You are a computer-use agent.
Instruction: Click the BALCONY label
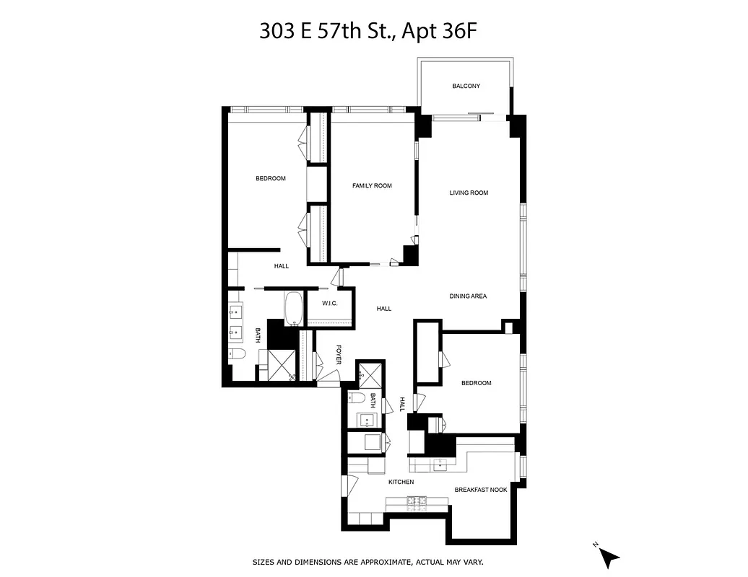click(x=466, y=87)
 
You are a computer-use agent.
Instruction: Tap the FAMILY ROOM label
click(x=372, y=186)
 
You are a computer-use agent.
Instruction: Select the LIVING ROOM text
click(x=469, y=193)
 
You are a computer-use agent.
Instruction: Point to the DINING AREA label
click(x=468, y=296)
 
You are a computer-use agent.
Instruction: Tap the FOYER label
click(x=338, y=355)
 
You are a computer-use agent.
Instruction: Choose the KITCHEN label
click(x=401, y=482)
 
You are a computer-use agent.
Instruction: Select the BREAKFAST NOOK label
click(x=480, y=490)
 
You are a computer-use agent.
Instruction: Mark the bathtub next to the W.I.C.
click(x=294, y=309)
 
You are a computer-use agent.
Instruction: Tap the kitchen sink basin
click(x=440, y=464)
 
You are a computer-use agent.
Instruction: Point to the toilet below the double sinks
click(x=238, y=354)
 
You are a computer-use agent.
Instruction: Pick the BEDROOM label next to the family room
click(x=271, y=179)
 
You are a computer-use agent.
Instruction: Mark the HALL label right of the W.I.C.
click(x=383, y=309)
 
